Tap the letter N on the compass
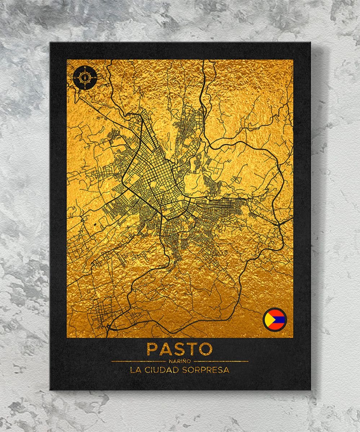click(85, 68)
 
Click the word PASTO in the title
click(179, 349)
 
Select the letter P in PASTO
click(152, 349)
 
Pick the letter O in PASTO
click(206, 349)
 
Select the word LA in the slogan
click(135, 370)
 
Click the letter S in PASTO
click(180, 349)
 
